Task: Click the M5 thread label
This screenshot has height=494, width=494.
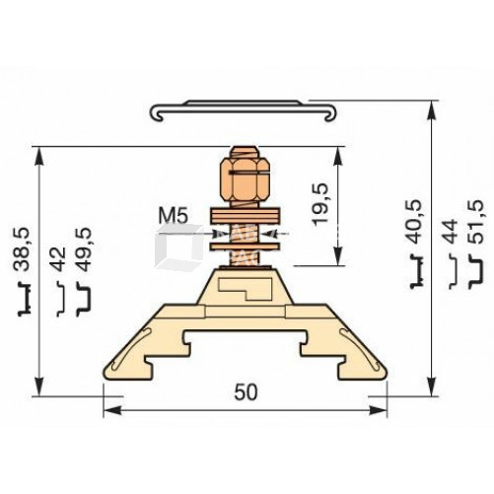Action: (174, 216)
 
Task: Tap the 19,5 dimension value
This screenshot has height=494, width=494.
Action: (320, 205)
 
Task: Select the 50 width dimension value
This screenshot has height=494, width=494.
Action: (246, 392)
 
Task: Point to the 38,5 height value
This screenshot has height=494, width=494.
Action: (22, 249)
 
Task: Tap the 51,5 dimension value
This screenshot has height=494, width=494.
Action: (475, 222)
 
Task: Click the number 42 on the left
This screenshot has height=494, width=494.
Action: (58, 259)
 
